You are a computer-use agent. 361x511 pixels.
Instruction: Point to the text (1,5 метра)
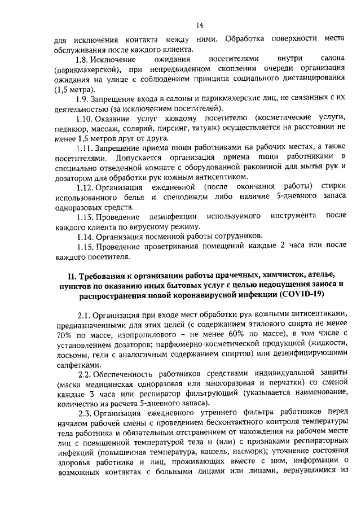pyautogui.click(x=75, y=89)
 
